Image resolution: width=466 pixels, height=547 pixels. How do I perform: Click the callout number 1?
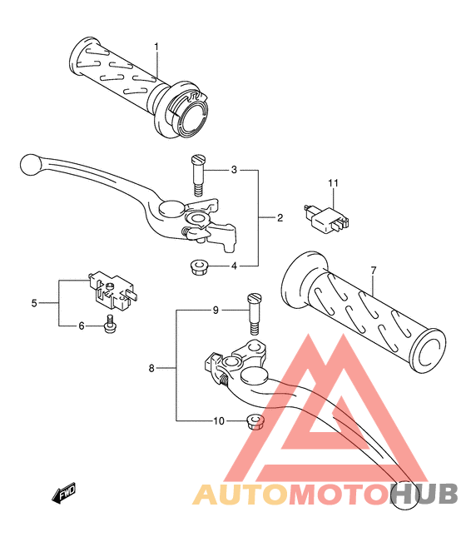(156, 47)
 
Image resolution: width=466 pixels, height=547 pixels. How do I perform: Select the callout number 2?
(280, 218)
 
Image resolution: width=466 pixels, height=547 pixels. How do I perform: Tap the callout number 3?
(234, 170)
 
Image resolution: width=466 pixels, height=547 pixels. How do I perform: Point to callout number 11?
(333, 183)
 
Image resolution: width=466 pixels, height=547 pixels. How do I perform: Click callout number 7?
(374, 271)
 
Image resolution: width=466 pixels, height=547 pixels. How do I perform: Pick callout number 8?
(151, 368)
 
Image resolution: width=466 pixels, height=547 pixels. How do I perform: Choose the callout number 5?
(34, 303)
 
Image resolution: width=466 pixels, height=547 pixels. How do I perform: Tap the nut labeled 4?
(198, 267)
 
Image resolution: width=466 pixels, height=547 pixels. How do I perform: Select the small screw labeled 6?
(110, 324)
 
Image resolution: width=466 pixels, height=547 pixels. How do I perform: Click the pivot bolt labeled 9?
(255, 314)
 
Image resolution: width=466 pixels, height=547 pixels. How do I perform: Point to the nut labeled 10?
(255, 421)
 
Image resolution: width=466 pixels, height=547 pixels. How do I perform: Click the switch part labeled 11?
(326, 218)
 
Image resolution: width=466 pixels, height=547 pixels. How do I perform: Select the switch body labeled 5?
(112, 291)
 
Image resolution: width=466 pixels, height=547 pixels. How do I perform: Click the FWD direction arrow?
(63, 493)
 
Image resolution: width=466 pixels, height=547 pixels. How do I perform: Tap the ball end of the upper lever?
(31, 165)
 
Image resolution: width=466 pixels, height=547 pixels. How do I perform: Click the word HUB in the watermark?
(424, 495)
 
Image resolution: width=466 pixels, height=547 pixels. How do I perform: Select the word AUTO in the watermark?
(240, 495)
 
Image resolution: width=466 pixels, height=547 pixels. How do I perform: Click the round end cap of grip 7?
(428, 351)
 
